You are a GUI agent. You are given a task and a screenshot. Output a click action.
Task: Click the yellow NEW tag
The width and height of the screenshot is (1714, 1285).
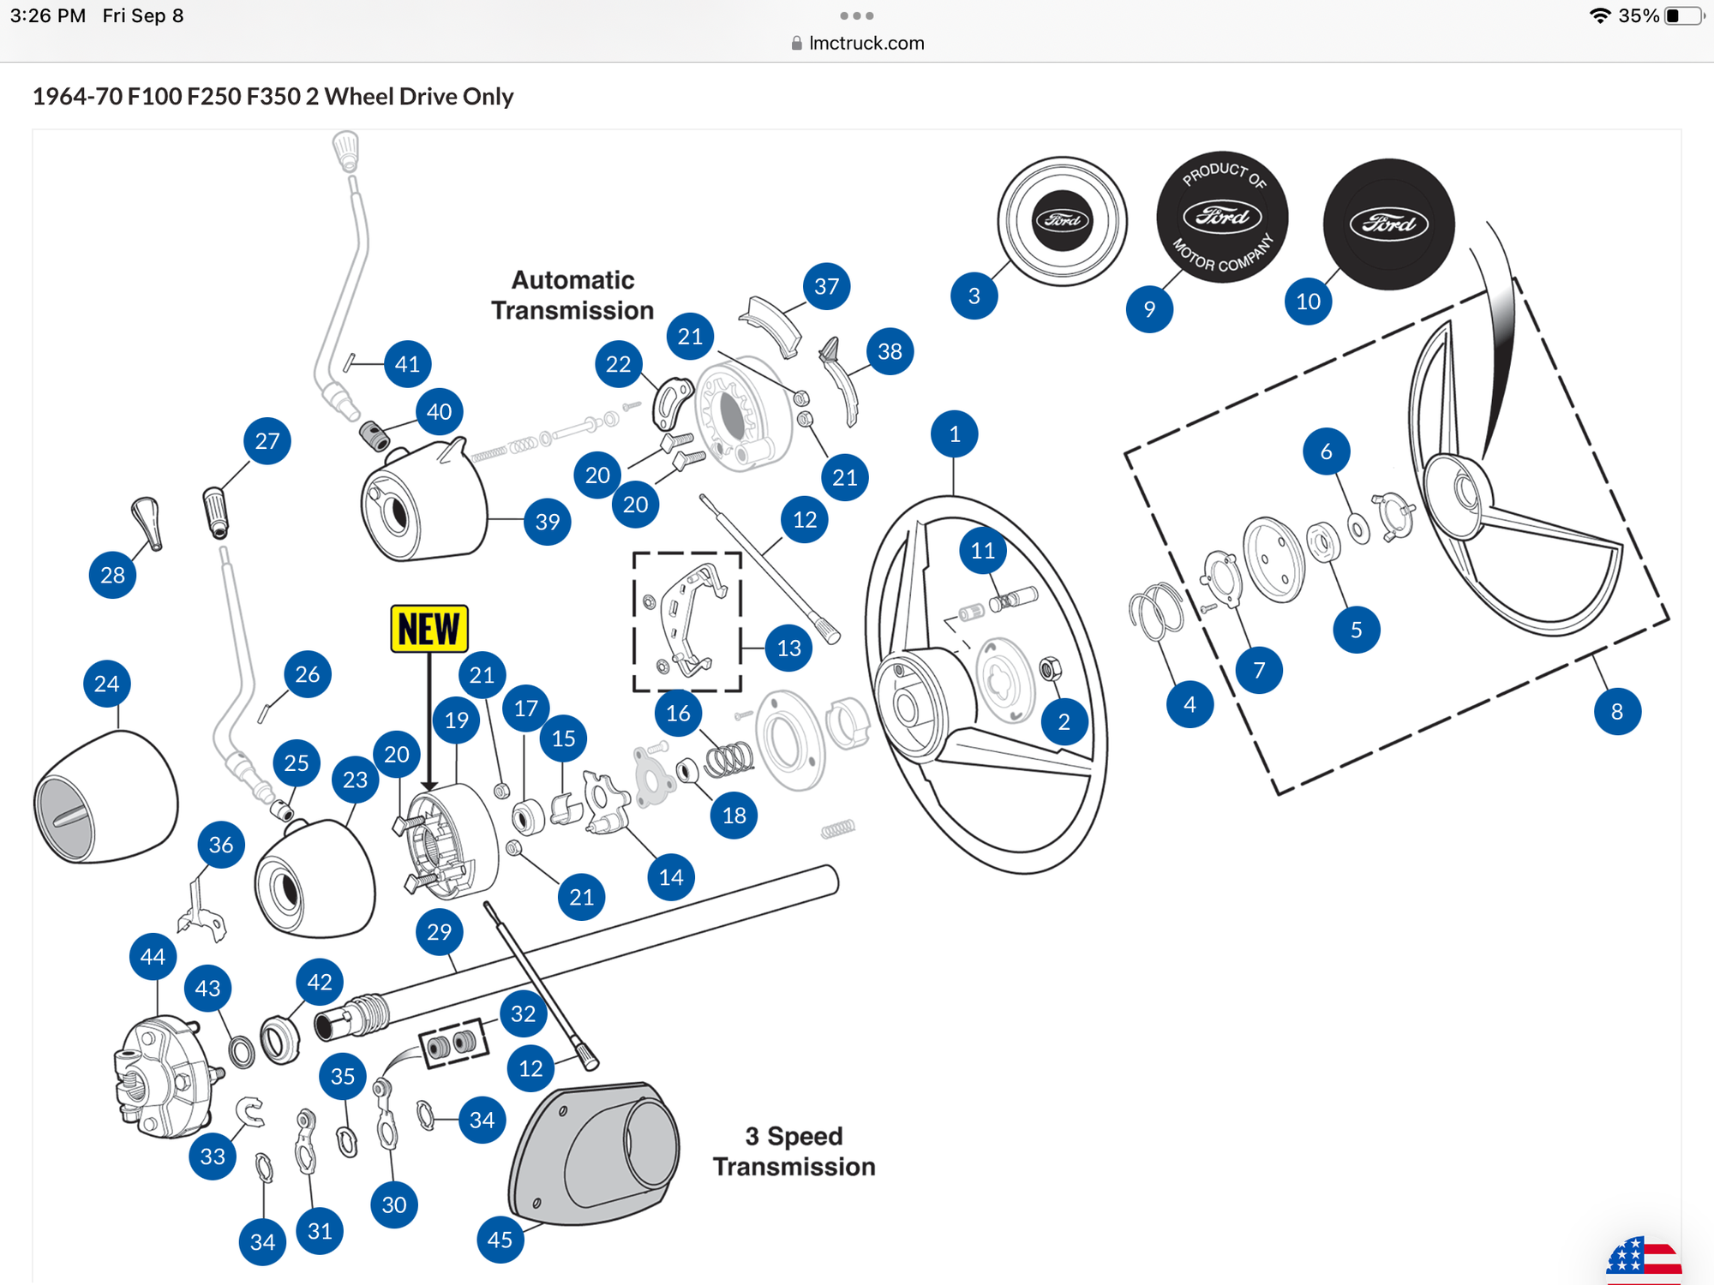click(428, 629)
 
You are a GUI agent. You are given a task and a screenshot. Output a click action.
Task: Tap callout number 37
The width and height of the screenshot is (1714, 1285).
click(826, 286)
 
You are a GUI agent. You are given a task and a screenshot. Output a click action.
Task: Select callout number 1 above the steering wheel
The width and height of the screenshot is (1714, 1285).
click(954, 434)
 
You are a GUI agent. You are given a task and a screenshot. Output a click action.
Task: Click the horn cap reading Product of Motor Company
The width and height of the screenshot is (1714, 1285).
click(1221, 218)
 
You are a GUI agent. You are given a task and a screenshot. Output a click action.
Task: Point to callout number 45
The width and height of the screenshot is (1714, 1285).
click(500, 1239)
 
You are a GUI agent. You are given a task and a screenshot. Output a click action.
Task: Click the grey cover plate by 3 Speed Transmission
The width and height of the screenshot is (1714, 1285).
click(595, 1152)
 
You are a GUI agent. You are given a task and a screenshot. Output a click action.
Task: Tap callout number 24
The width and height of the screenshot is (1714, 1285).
click(107, 684)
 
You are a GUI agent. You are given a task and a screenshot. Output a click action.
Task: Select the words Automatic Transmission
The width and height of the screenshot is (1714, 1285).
click(572, 295)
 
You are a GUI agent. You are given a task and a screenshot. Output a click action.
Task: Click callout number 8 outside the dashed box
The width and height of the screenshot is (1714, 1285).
click(1616, 711)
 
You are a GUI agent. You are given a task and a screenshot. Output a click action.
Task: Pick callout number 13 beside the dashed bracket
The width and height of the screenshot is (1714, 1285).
click(788, 648)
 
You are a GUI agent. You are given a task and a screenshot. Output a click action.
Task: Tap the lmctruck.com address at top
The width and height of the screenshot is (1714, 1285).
click(866, 43)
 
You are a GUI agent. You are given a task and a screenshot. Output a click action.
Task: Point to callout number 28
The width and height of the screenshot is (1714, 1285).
click(112, 575)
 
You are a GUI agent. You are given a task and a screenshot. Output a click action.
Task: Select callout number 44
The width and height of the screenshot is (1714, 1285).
click(153, 956)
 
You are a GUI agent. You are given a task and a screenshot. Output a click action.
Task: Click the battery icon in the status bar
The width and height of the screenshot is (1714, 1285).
click(1684, 15)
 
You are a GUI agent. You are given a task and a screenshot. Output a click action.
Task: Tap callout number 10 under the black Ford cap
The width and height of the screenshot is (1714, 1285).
click(1308, 301)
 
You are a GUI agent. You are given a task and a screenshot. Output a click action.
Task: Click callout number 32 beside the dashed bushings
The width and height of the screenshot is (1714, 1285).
click(523, 1013)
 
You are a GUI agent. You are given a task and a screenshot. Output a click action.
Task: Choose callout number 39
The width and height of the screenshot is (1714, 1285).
click(547, 521)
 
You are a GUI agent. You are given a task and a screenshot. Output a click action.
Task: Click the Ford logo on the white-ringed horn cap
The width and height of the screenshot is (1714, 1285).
click(1062, 220)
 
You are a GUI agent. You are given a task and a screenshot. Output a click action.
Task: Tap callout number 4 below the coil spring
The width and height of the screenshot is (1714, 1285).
click(1190, 704)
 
